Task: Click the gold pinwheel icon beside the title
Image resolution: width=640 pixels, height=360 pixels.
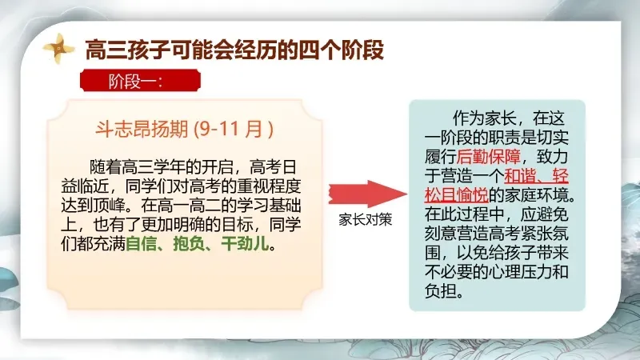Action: pos(58,49)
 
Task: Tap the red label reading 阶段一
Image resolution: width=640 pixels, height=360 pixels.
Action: pos(140,81)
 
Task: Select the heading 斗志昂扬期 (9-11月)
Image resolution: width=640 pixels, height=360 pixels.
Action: pos(185,129)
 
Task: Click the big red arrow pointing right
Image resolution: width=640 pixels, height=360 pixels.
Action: pos(368,194)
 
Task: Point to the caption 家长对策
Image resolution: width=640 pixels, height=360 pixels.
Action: pos(366,219)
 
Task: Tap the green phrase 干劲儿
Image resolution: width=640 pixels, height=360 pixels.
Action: pos(245,244)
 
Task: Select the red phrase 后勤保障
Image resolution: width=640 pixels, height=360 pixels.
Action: pos(488,156)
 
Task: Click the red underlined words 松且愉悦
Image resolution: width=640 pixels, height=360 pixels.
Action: pos(456,194)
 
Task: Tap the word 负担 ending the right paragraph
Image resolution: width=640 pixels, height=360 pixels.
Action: pos(441,291)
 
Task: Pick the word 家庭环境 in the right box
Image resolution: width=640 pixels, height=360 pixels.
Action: pos(536,194)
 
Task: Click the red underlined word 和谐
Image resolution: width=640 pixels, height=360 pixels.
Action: pos(521,175)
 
